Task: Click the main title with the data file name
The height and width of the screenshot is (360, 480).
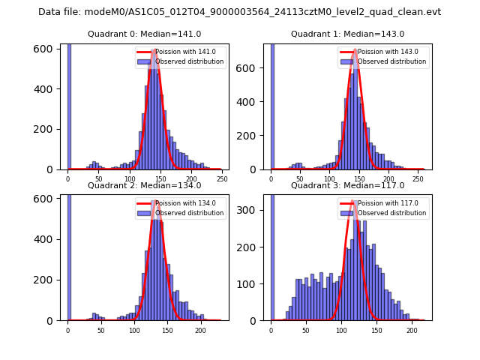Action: (239, 12)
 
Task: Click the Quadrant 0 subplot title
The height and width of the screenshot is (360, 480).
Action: (144, 34)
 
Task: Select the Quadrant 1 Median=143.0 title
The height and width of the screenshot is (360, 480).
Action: (347, 34)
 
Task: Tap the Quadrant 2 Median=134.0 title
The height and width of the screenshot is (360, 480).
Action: (144, 185)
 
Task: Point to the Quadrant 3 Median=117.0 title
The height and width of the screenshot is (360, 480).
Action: (347, 185)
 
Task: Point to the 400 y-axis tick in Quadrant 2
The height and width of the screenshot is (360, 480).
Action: (49, 239)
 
